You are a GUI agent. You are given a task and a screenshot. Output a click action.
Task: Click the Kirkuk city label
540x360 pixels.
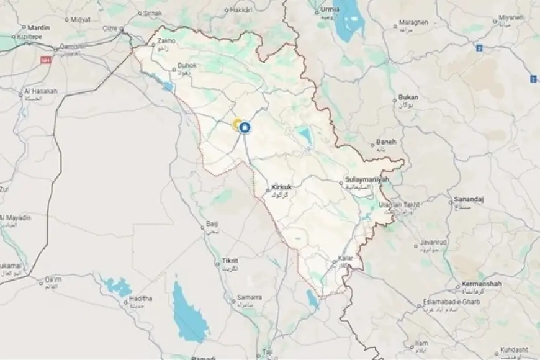(x=282, y=186)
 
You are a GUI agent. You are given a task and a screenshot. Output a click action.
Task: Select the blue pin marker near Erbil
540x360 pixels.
(x=244, y=128)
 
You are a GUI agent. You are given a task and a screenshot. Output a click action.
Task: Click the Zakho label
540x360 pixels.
(x=167, y=42)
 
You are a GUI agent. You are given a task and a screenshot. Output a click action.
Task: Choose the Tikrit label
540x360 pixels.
(x=229, y=261)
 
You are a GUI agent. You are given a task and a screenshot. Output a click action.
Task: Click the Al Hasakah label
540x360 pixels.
(x=40, y=91)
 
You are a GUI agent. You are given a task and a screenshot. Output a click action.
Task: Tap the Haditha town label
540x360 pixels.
(x=142, y=299)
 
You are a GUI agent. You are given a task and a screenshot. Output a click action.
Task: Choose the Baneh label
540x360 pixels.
(x=385, y=142)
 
